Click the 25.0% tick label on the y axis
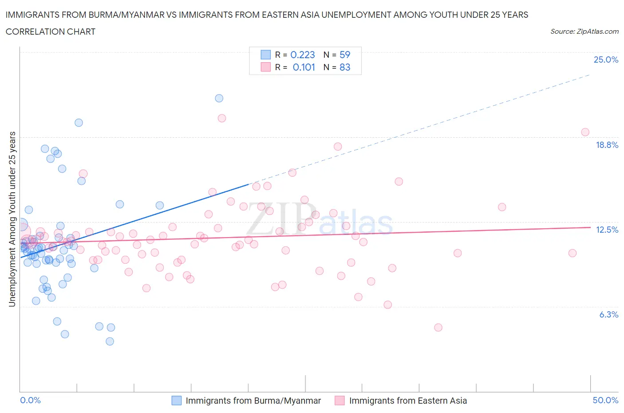click(606, 60)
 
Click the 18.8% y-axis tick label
click(607, 145)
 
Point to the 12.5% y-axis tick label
click(607, 230)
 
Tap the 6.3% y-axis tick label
click(608, 314)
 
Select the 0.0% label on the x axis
click(30, 400)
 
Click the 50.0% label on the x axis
click(605, 400)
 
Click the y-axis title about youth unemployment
click(12, 219)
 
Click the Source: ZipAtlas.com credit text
click(584, 31)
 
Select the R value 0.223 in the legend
click(303, 55)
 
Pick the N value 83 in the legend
click(345, 67)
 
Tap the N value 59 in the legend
click(345, 55)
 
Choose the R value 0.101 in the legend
click(304, 67)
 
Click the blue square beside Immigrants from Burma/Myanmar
click(177, 401)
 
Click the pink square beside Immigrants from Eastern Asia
click(340, 401)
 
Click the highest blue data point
click(219, 98)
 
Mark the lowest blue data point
click(110, 341)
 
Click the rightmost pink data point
click(585, 132)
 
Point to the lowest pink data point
click(438, 327)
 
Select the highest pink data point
click(222, 118)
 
